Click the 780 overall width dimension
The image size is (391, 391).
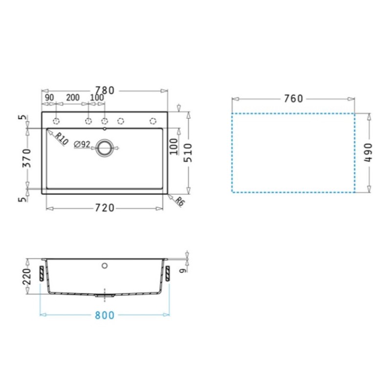coord(105,90)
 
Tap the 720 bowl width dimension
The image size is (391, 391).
coord(105,208)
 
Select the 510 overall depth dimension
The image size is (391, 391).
coord(188,153)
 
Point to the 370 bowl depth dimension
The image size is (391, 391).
coord(26,158)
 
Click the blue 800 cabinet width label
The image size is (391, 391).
coord(105,315)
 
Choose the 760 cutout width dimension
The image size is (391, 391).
coord(294,99)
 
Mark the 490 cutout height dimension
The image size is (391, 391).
coord(369,152)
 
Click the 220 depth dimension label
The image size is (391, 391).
coord(26,277)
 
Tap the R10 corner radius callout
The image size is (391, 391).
coord(62,139)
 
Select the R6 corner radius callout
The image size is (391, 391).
coord(179,201)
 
